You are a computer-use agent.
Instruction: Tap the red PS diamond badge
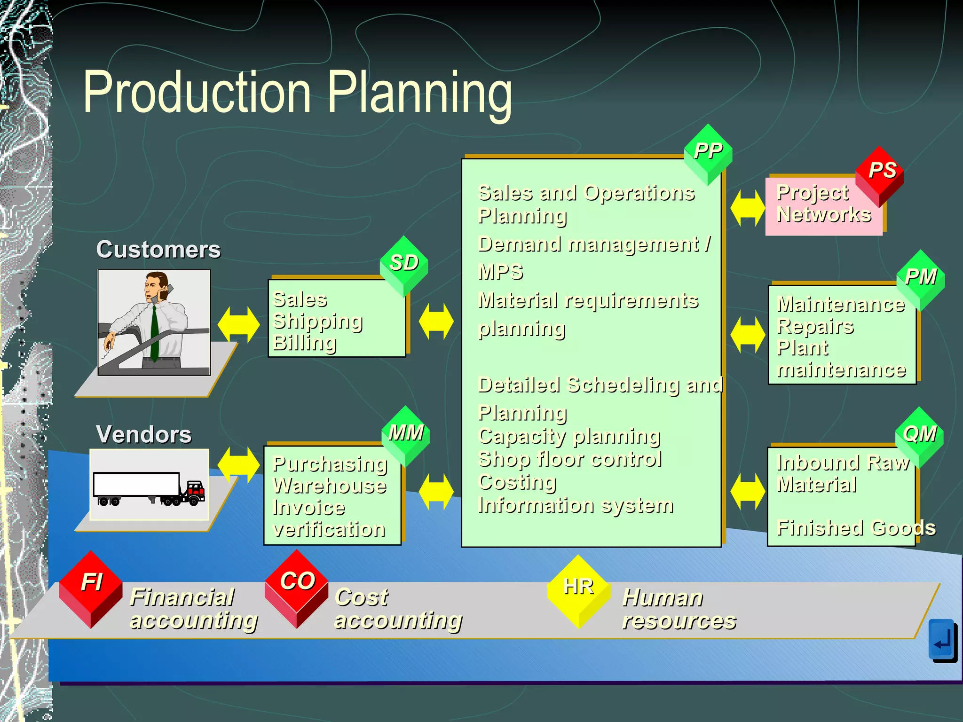(x=880, y=174)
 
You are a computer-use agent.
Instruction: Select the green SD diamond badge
(x=404, y=265)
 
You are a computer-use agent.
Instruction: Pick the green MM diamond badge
(x=406, y=435)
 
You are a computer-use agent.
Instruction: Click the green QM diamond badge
(x=919, y=436)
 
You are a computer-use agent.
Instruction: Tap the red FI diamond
(x=91, y=588)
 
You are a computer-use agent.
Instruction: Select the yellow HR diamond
(x=578, y=590)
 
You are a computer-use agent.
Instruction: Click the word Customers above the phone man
(x=158, y=250)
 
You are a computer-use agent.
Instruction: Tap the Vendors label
(x=144, y=434)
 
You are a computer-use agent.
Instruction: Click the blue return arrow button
(x=942, y=640)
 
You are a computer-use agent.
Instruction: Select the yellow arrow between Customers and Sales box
(x=238, y=324)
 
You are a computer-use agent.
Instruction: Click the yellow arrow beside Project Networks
(x=747, y=208)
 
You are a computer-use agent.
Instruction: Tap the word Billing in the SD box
(x=305, y=343)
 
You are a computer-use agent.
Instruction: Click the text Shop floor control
(x=570, y=459)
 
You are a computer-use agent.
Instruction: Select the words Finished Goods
(x=856, y=528)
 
